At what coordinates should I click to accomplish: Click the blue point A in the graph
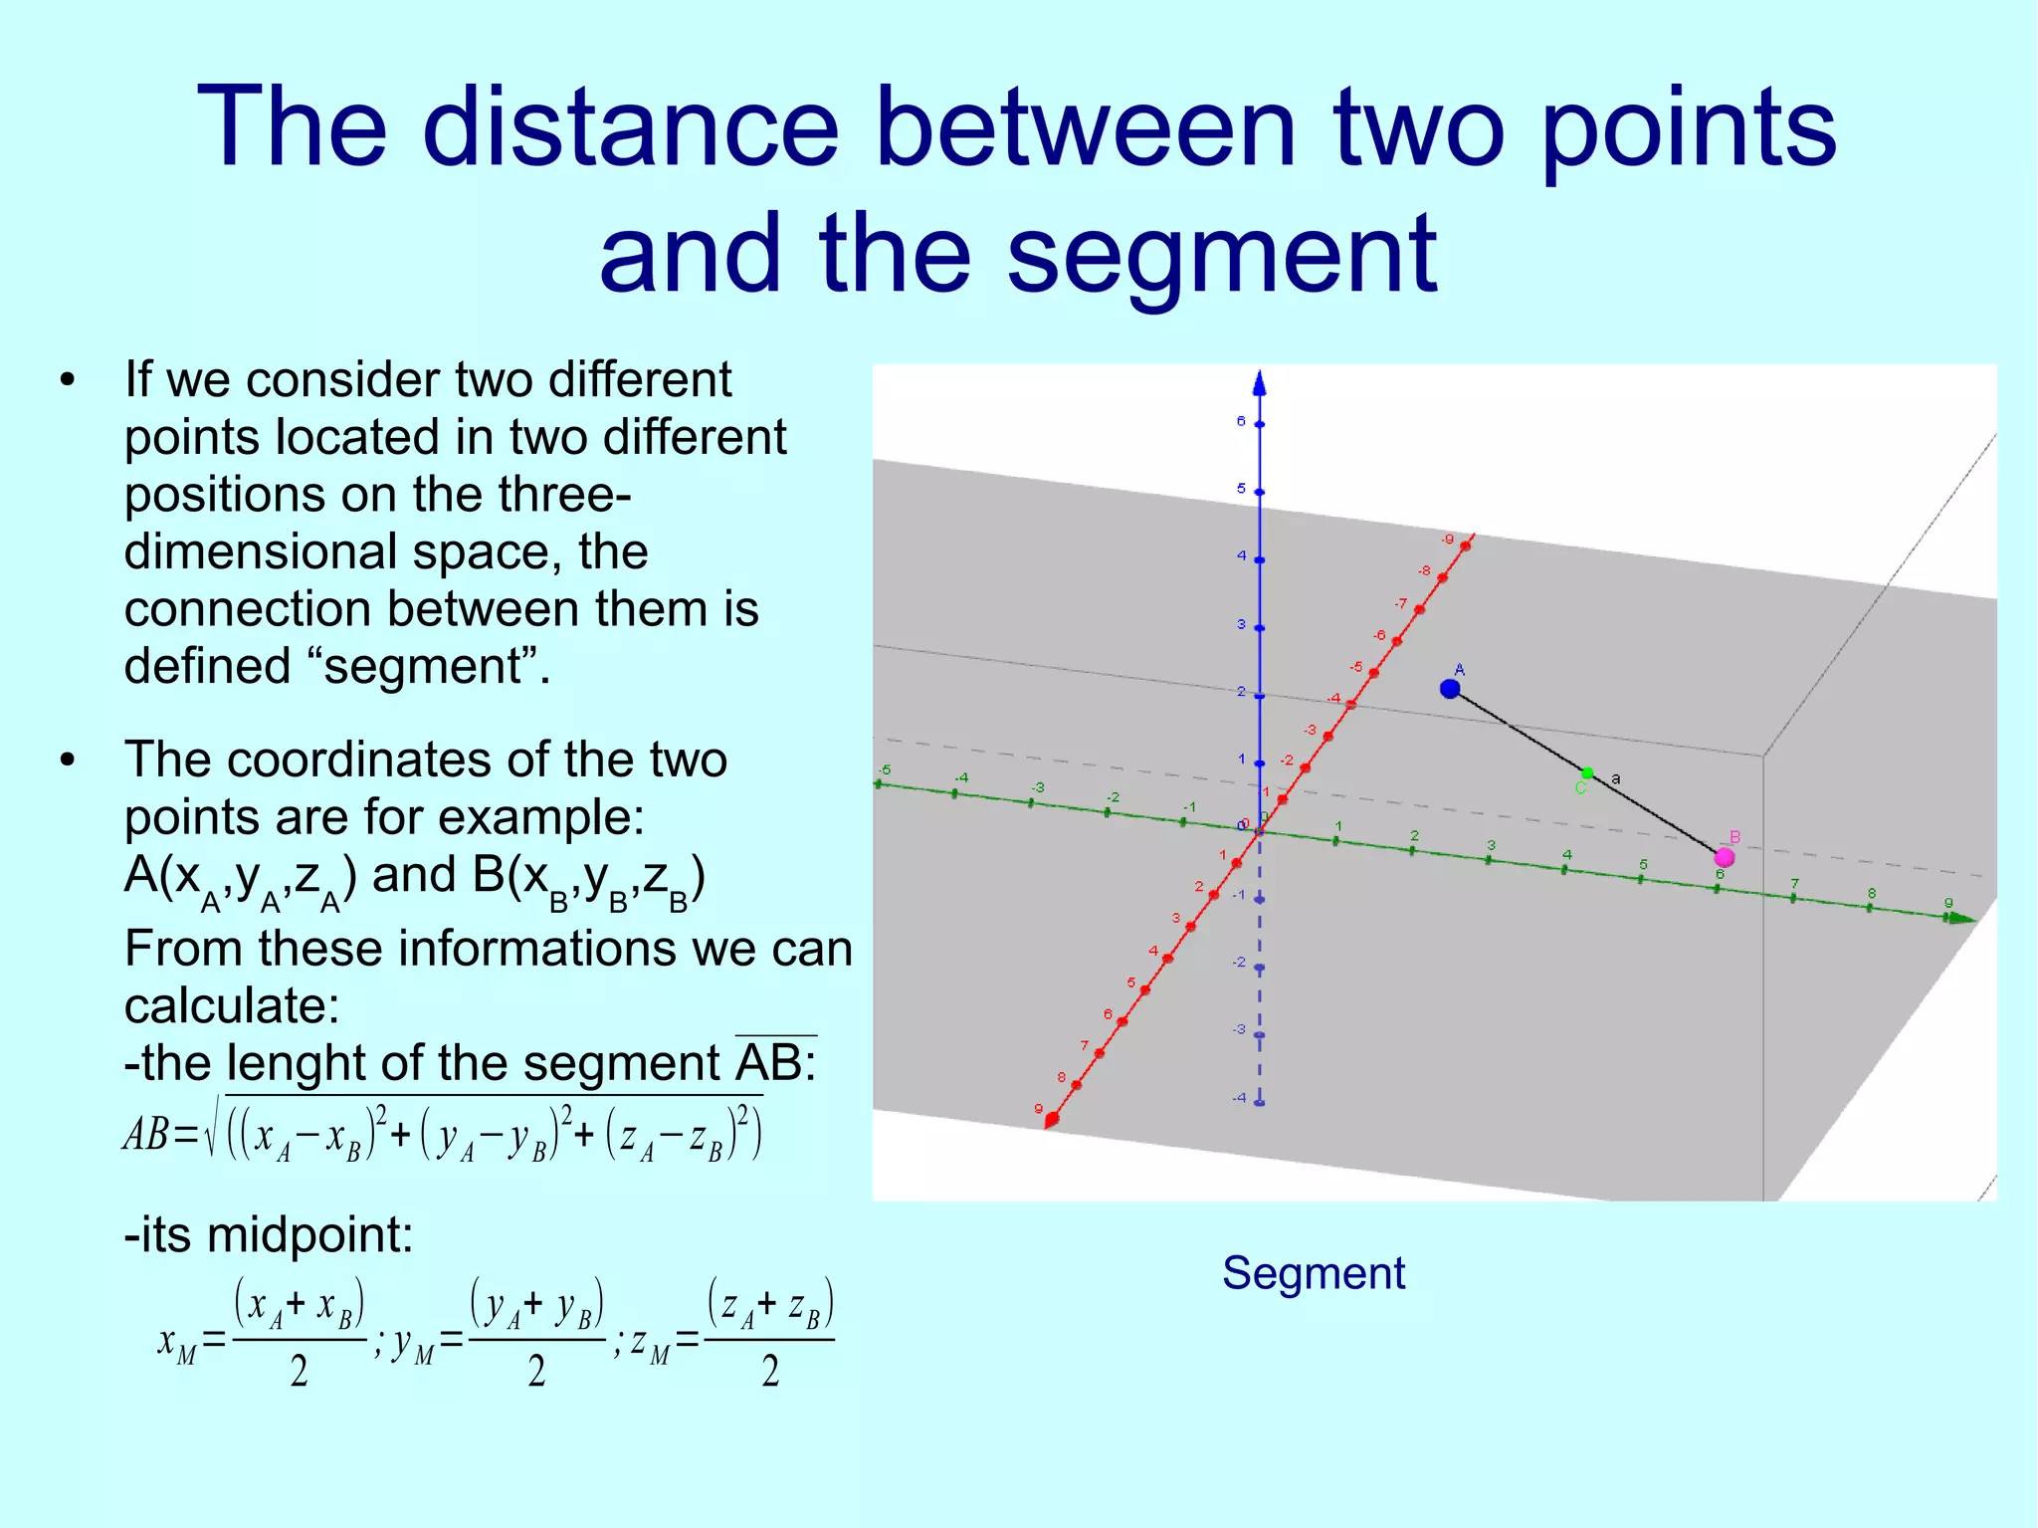coord(1450,688)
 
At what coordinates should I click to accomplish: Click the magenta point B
coord(1725,857)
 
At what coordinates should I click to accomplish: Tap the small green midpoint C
coord(1587,773)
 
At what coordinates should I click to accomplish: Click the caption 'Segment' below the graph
coord(1314,1273)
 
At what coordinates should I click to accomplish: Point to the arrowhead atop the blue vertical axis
coord(1260,383)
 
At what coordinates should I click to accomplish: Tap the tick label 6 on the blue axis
coord(1241,421)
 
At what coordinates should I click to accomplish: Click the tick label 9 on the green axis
coord(1948,903)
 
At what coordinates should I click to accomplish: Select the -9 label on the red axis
coord(1448,540)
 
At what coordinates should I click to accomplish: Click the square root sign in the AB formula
coord(212,1132)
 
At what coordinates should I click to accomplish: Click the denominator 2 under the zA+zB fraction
coord(770,1372)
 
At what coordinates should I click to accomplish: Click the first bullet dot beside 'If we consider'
coord(68,380)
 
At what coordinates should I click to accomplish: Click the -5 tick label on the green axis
coord(884,770)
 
